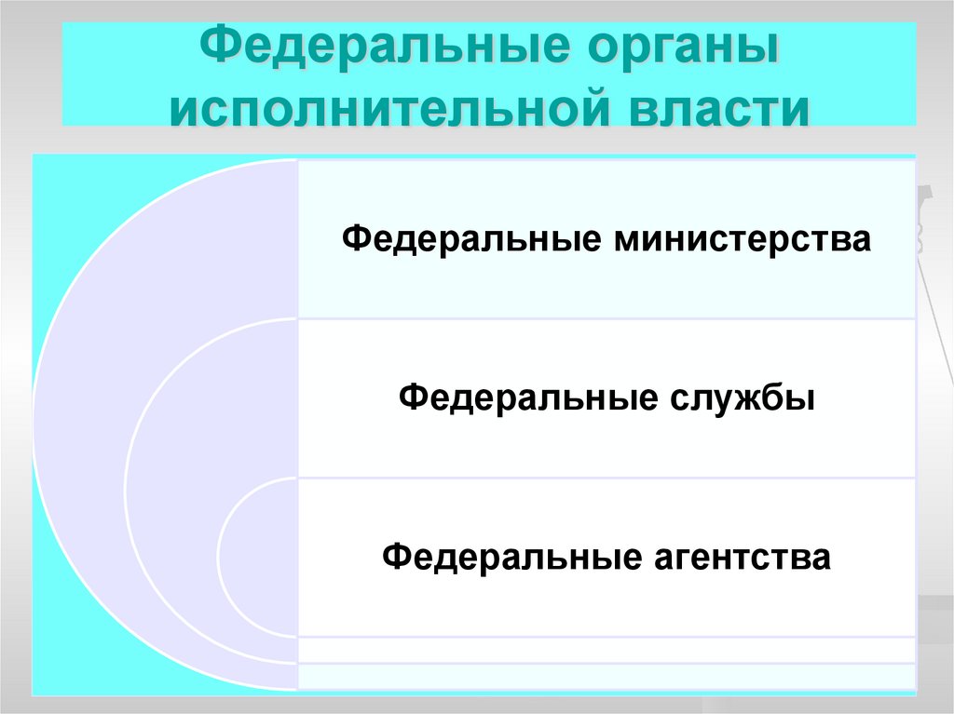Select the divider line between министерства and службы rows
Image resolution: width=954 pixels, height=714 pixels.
(x=606, y=319)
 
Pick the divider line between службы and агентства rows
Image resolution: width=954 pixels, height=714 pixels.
(x=606, y=478)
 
